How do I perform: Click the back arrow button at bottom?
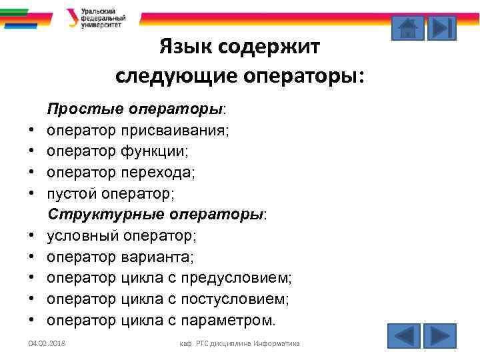(x=403, y=335)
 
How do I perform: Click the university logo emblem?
(x=71, y=17)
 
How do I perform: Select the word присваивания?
(x=175, y=130)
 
